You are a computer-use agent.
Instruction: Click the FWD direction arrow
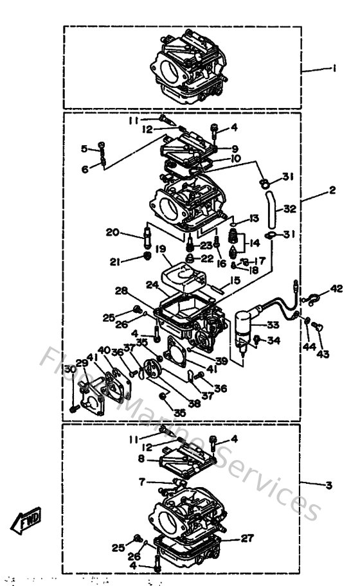26,520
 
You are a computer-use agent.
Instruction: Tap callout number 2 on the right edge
332,191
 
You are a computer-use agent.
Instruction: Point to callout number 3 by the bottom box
328,486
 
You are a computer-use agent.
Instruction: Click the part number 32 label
289,208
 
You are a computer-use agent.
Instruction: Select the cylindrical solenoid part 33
244,328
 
